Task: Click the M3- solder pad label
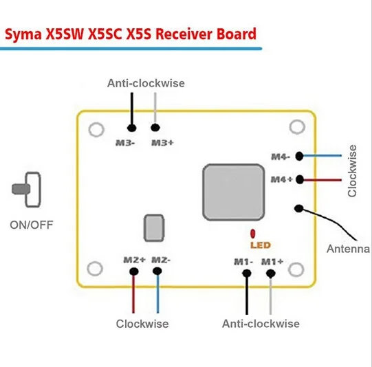pos(125,143)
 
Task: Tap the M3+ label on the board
pos(162,143)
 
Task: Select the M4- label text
pos(281,157)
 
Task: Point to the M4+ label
pos(282,179)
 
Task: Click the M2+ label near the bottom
pos(134,260)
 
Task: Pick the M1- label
pos(243,262)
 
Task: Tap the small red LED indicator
pos(253,234)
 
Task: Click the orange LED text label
pos(261,245)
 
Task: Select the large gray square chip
pos(234,192)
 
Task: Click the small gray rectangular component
pos(154,228)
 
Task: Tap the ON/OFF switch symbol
pos(27,190)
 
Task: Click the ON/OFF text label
pos(32,225)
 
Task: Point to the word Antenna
pos(348,249)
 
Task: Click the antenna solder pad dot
pos(299,208)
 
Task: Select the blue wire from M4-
pos(322,156)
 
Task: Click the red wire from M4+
pos(322,180)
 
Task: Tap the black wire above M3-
pos(132,109)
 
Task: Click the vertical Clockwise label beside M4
pos(352,171)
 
